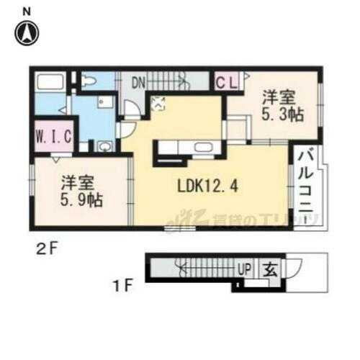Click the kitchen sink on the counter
coord(202,150)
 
